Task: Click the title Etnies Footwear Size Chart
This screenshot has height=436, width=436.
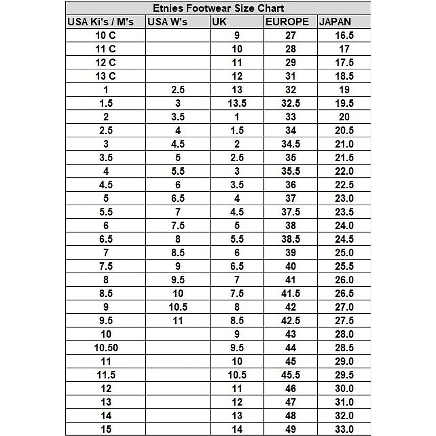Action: (x=218, y=8)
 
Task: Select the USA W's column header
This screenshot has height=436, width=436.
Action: (x=167, y=22)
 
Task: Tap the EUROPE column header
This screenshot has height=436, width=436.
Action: (x=287, y=22)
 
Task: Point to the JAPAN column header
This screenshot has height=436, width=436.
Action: (x=335, y=22)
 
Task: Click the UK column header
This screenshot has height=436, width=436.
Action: (x=219, y=22)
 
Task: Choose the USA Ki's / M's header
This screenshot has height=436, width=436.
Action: (x=101, y=22)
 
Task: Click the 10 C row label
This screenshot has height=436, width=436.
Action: (x=105, y=36)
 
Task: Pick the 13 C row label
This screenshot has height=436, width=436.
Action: (x=105, y=76)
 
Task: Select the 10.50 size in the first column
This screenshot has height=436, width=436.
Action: (x=106, y=348)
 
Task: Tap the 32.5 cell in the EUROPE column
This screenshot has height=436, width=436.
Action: (x=291, y=104)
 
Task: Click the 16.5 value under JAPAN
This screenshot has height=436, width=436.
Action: (x=344, y=36)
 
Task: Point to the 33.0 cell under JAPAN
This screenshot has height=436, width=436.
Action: (x=344, y=429)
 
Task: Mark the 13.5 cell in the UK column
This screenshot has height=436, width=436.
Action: (x=237, y=104)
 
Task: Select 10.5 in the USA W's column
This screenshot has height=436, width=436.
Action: (x=178, y=307)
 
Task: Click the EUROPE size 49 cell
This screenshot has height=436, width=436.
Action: (x=291, y=429)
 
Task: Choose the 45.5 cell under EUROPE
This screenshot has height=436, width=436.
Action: (x=291, y=375)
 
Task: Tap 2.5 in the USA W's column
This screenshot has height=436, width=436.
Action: (x=178, y=90)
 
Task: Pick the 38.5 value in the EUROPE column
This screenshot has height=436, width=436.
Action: (x=291, y=239)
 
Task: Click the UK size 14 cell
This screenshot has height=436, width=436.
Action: (x=237, y=429)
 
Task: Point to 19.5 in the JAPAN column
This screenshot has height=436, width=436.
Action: (x=344, y=104)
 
